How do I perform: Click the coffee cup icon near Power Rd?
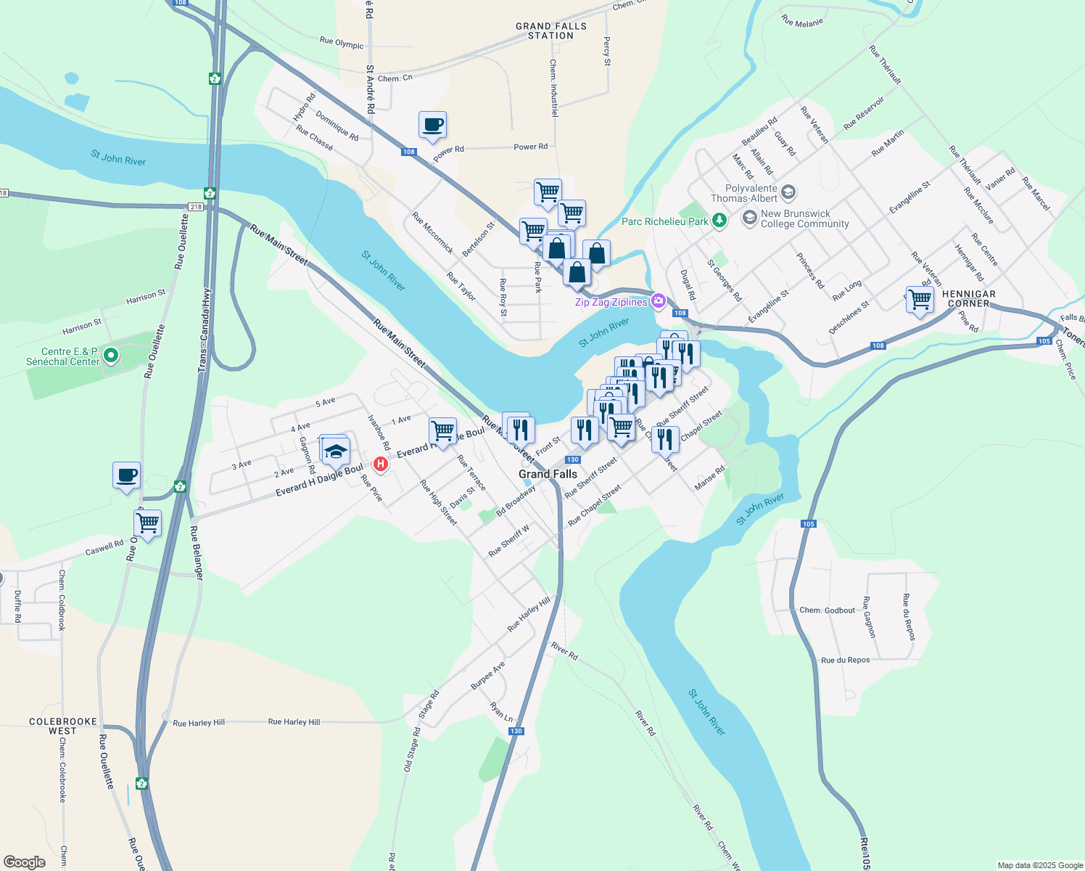tap(432, 125)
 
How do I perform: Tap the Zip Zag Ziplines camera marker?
tap(659, 300)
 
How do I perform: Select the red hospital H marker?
tap(380, 464)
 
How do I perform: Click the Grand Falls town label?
tap(548, 474)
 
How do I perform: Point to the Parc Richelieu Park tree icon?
tap(719, 220)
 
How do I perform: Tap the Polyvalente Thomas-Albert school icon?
tap(788, 192)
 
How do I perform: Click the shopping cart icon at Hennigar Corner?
tap(920, 299)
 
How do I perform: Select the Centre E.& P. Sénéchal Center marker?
tap(111, 356)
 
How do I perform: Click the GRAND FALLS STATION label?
tap(551, 30)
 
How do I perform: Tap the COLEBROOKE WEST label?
tap(63, 726)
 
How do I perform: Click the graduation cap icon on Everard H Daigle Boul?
tap(336, 451)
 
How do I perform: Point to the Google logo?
tap(25, 862)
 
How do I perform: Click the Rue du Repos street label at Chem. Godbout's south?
tap(845, 661)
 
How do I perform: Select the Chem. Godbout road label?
tap(827, 610)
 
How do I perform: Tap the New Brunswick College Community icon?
tap(750, 218)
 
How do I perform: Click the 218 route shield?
tap(195, 207)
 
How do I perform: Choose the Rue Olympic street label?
tap(342, 44)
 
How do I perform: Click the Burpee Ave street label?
tap(487, 676)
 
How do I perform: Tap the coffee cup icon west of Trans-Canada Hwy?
tap(127, 475)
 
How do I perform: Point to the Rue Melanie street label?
tap(802, 21)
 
